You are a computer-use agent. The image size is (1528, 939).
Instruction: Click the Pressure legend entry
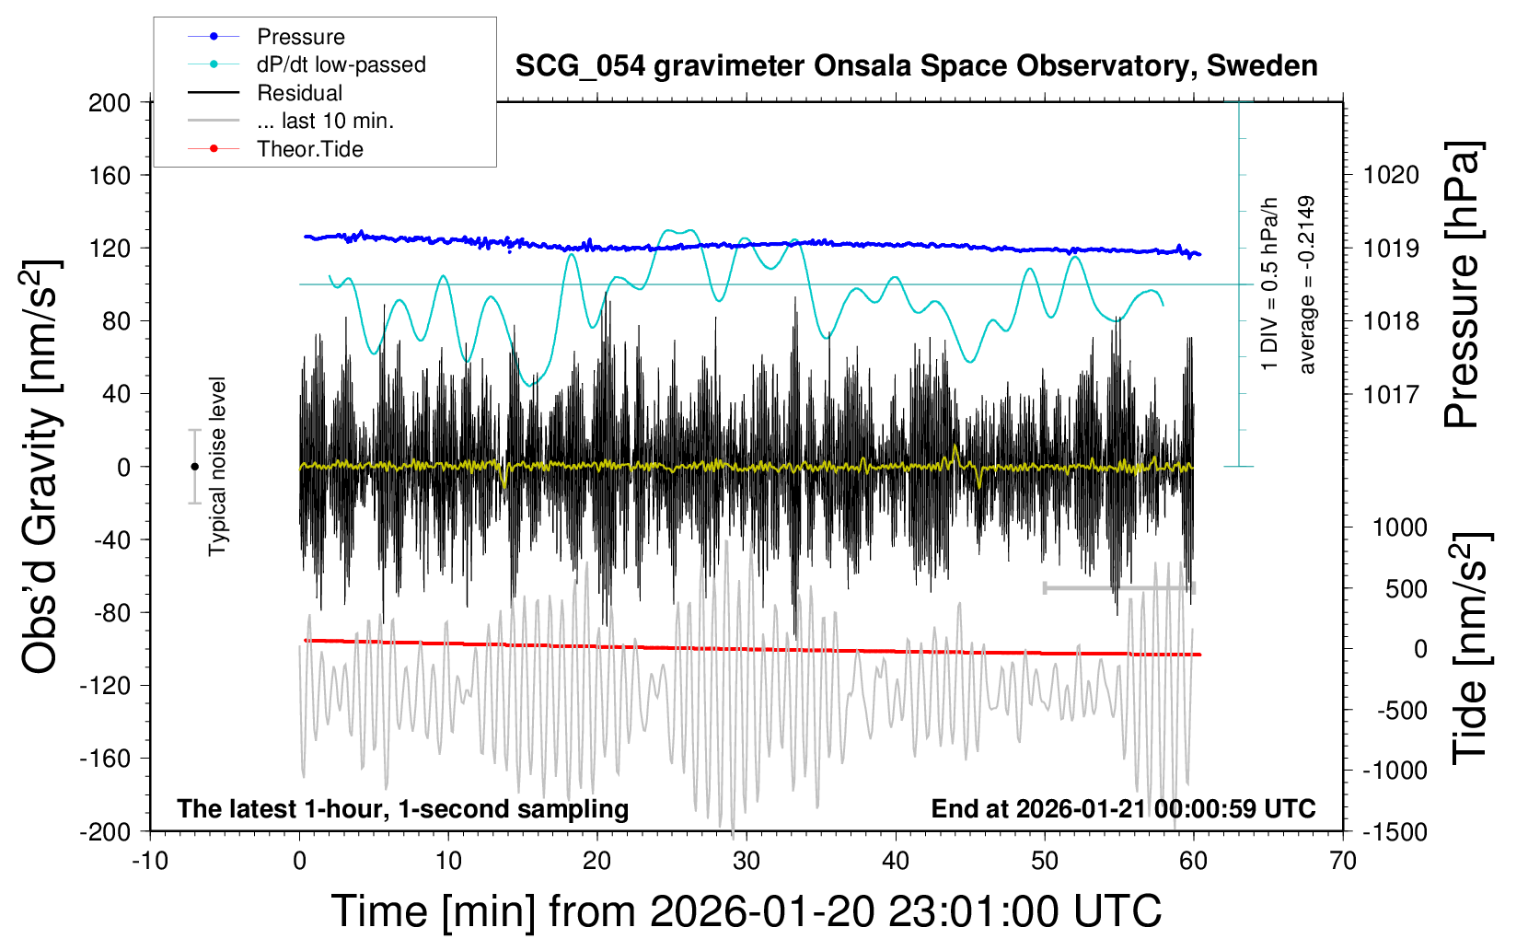click(x=300, y=37)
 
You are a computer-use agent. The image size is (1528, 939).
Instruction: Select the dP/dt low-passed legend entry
click(x=341, y=64)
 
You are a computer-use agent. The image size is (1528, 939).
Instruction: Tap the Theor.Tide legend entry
click(x=309, y=149)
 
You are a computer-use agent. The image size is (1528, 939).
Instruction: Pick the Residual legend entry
click(x=299, y=93)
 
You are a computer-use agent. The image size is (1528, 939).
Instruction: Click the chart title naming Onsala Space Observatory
click(x=916, y=66)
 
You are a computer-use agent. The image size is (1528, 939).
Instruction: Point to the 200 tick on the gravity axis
click(x=110, y=102)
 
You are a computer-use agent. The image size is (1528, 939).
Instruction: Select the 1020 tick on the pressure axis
click(x=1391, y=175)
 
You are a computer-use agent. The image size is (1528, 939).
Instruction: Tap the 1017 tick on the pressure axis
click(x=1391, y=394)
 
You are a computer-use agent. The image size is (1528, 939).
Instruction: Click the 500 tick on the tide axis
click(x=1406, y=588)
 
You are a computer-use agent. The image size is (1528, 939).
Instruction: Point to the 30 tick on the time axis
click(x=747, y=862)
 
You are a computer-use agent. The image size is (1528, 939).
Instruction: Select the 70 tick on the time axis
click(x=1343, y=862)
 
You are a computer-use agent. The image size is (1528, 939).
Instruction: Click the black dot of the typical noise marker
click(x=194, y=467)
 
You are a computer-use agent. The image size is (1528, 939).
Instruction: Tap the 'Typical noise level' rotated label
click(x=217, y=467)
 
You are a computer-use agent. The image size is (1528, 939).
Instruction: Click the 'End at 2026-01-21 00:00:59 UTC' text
click(x=1123, y=809)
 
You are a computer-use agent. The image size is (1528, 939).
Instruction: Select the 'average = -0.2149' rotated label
click(x=1306, y=284)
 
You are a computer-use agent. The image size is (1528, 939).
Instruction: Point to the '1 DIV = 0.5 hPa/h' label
click(x=1270, y=284)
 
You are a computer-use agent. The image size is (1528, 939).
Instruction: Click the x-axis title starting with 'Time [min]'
click(x=747, y=911)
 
